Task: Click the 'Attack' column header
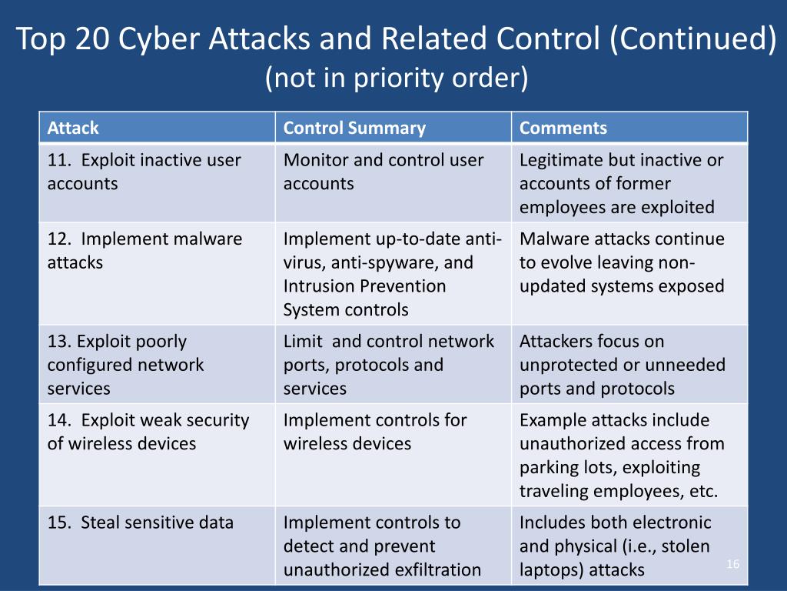point(73,128)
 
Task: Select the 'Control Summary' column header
point(354,128)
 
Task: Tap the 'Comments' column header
point(563,128)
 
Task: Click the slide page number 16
point(732,565)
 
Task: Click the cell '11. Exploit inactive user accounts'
point(144,172)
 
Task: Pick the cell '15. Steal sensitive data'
point(141,523)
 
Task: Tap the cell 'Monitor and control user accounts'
point(384,172)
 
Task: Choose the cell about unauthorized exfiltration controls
point(383,546)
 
